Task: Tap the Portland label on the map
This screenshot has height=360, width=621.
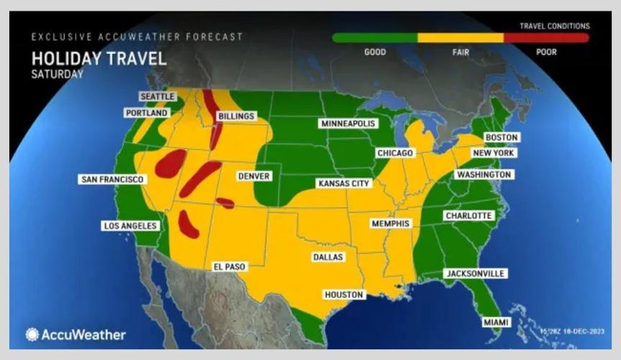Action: click(x=146, y=113)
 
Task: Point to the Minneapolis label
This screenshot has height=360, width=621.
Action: click(x=349, y=124)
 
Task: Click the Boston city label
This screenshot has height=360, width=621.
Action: click(x=502, y=138)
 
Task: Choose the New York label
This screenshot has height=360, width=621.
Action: click(x=493, y=153)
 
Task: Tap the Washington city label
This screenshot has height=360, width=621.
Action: click(x=483, y=175)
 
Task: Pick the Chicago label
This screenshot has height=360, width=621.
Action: click(x=395, y=153)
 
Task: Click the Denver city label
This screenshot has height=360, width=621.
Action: click(x=254, y=176)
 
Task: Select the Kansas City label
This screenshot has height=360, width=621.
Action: click(x=344, y=184)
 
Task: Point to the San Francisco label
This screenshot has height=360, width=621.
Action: click(x=111, y=179)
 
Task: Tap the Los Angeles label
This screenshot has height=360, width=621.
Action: click(x=130, y=226)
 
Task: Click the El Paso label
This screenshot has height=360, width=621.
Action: click(x=230, y=266)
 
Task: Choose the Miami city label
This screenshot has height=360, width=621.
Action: click(x=495, y=322)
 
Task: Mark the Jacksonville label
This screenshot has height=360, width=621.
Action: click(x=475, y=274)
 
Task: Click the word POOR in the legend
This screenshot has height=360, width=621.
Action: click(x=545, y=52)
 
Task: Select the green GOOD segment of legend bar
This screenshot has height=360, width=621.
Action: click(x=375, y=37)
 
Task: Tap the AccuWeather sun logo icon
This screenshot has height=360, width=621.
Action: click(x=32, y=334)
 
